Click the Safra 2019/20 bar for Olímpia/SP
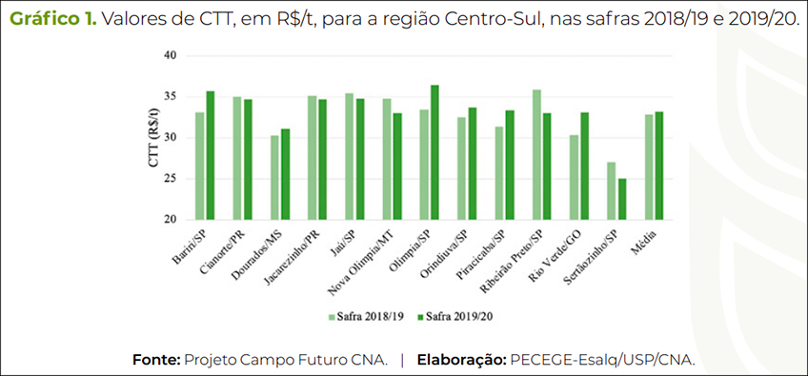click(x=434, y=152)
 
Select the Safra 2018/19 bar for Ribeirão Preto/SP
click(x=537, y=154)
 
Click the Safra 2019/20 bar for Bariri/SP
click(x=210, y=155)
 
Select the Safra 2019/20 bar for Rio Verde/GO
click(x=584, y=166)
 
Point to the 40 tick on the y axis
click(x=171, y=55)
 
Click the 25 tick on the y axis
click(x=171, y=178)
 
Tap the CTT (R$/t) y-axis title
click(x=153, y=139)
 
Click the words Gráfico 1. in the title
click(x=52, y=20)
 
